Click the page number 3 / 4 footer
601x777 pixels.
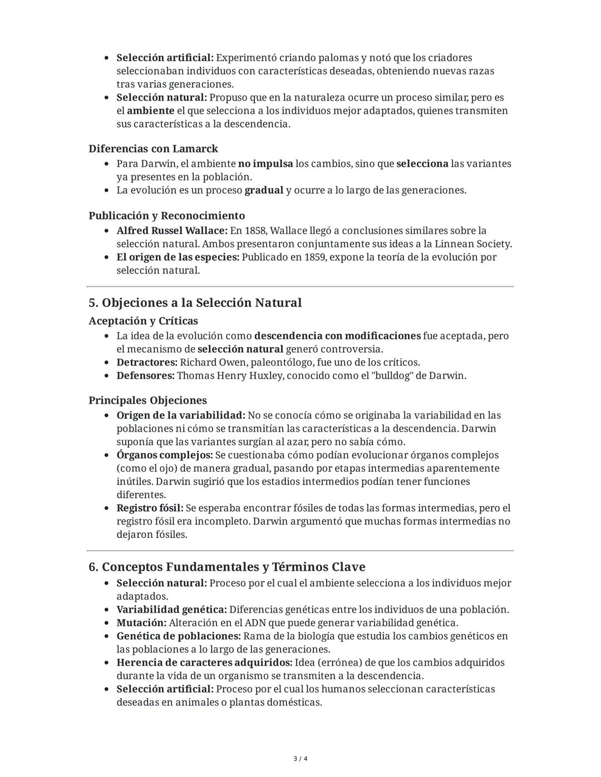coord(300,759)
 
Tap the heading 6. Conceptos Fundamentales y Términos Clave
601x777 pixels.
coord(226,567)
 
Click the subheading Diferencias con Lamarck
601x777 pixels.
coord(153,149)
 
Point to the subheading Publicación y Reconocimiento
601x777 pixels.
coord(166,216)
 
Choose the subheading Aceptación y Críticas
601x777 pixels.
coord(143,321)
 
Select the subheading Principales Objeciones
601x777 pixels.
coord(147,400)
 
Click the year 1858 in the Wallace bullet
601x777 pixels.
coord(255,231)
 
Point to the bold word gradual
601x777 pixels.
coord(264,190)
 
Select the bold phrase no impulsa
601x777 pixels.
coord(265,164)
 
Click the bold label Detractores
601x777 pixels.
coord(146,363)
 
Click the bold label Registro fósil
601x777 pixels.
coord(150,508)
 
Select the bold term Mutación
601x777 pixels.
coord(141,623)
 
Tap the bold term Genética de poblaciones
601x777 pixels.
coord(179,636)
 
